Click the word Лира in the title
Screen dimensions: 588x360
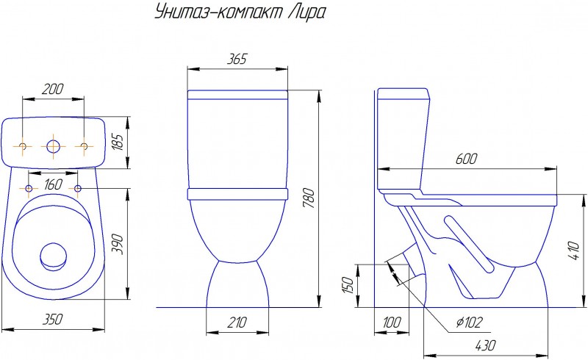pyautogui.click(x=306, y=13)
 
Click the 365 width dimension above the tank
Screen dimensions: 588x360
pyautogui.click(x=237, y=59)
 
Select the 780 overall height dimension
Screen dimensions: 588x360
pyautogui.click(x=310, y=198)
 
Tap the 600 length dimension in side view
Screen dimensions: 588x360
pyautogui.click(x=467, y=159)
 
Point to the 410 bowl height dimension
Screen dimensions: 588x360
pyautogui.click(x=574, y=251)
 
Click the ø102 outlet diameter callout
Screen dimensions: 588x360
pyautogui.click(x=469, y=322)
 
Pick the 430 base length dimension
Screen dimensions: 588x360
pyautogui.click(x=485, y=345)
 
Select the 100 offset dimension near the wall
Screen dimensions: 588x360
pyautogui.click(x=392, y=322)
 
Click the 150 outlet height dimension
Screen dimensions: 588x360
pyautogui.click(x=348, y=285)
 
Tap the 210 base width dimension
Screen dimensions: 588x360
pyautogui.click(x=237, y=322)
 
